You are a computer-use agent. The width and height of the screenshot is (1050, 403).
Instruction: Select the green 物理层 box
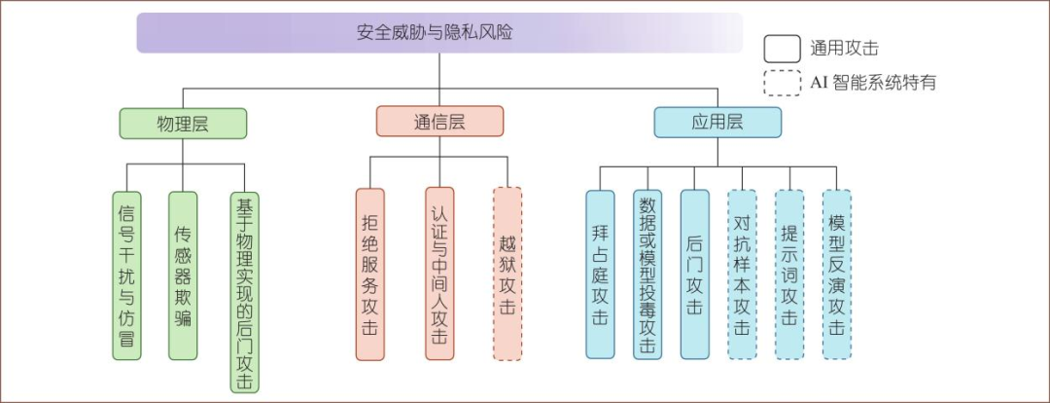click(x=183, y=123)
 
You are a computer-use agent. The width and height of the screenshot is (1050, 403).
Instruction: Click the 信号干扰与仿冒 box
click(x=127, y=275)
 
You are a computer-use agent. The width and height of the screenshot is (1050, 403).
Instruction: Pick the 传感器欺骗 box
click(x=183, y=275)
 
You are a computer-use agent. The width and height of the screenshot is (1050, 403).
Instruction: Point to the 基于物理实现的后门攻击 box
click(x=244, y=292)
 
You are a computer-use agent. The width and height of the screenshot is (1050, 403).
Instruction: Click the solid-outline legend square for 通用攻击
click(x=782, y=48)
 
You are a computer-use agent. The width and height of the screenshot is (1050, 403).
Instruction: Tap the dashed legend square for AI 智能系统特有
click(x=782, y=83)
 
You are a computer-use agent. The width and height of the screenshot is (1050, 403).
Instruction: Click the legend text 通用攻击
click(x=844, y=48)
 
